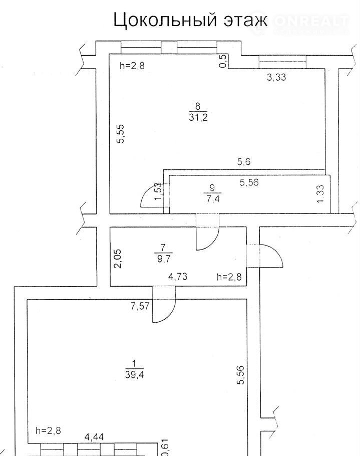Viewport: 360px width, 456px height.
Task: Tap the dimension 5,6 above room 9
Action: (244, 162)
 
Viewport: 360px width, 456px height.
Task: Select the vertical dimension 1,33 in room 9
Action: (321, 194)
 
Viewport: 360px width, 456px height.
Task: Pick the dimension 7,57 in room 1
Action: (141, 306)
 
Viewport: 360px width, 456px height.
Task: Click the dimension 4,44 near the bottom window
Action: (95, 437)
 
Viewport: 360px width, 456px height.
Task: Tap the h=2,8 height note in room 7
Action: (229, 276)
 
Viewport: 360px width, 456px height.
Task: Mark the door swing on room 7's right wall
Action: (271, 256)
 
